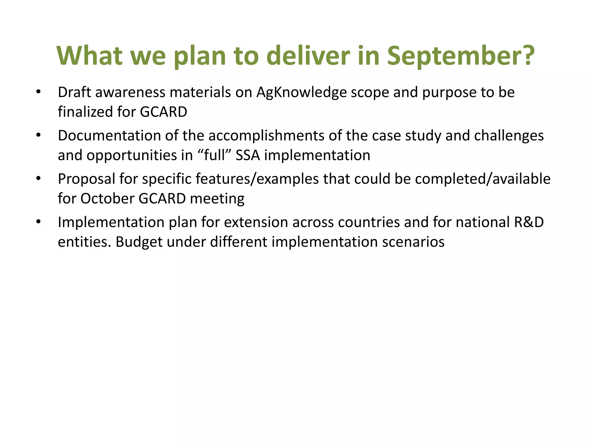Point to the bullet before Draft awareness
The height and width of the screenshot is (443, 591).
click(39, 92)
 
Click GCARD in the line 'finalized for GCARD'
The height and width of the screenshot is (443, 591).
click(163, 112)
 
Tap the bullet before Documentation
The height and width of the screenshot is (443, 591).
click(39, 136)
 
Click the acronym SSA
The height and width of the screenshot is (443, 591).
click(248, 155)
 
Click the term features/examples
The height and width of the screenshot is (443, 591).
click(257, 179)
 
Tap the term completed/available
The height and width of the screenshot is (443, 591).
click(483, 179)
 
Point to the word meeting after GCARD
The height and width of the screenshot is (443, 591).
click(217, 199)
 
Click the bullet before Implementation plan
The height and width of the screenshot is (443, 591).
click(39, 222)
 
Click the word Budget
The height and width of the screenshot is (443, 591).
click(139, 242)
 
